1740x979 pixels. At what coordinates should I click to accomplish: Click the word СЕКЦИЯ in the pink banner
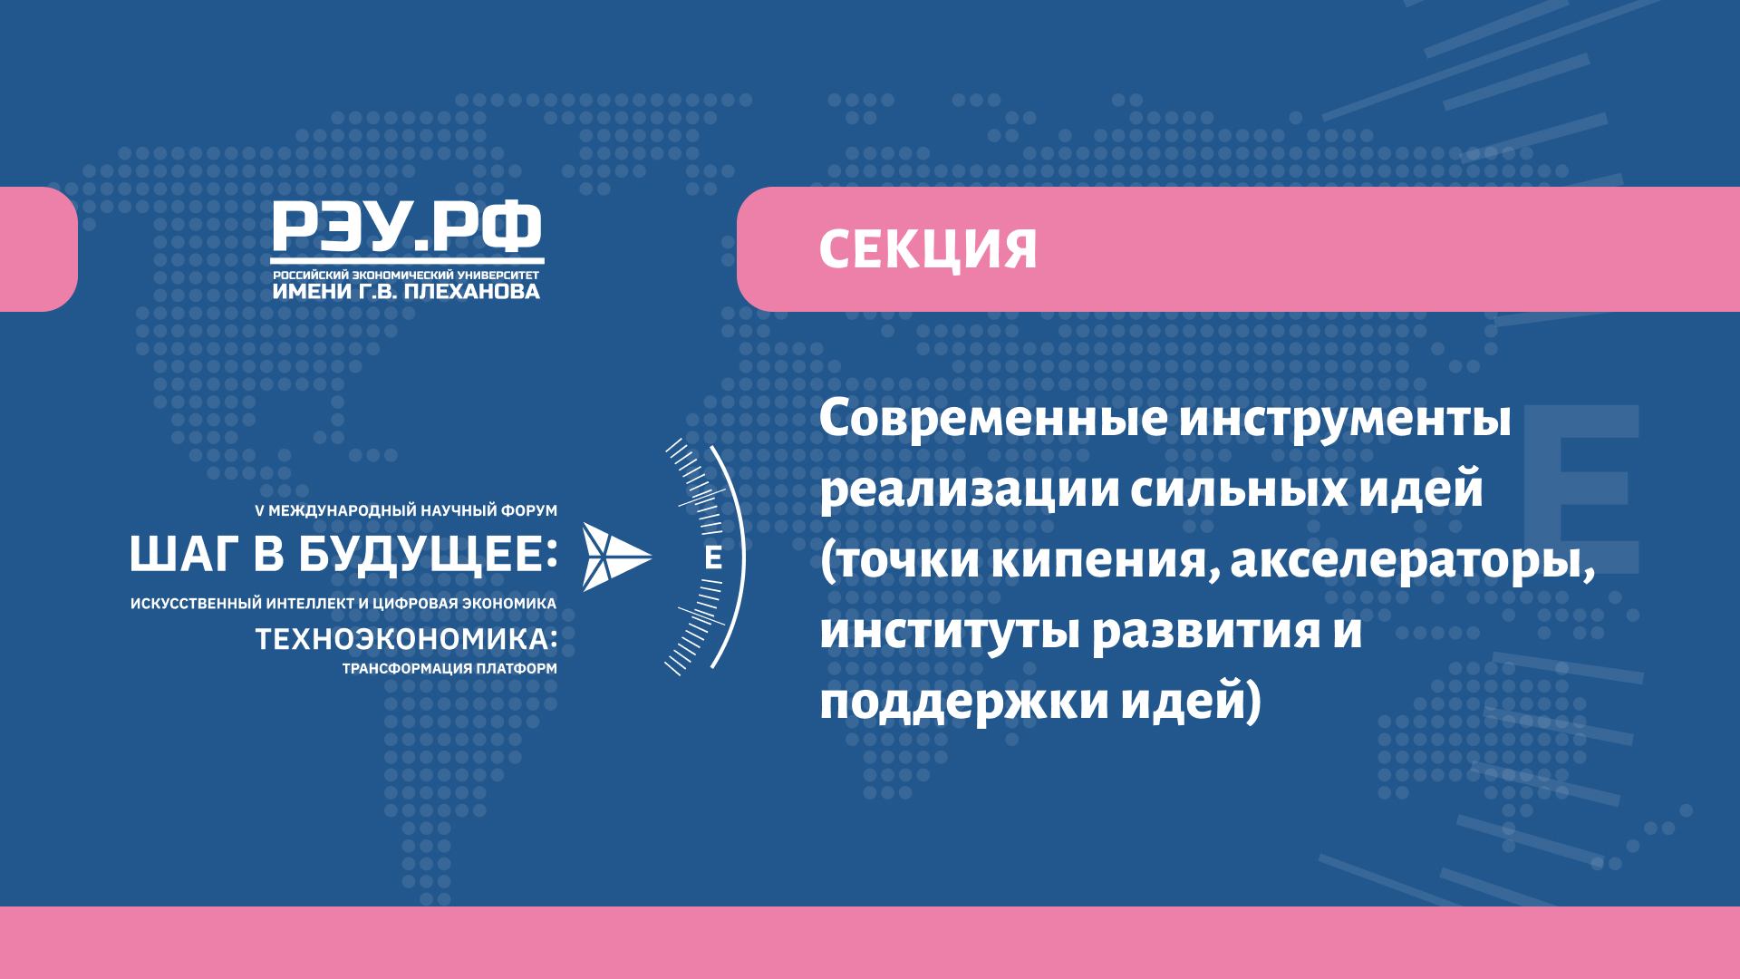[x=928, y=250]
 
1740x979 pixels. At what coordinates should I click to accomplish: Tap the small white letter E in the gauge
[x=712, y=558]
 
